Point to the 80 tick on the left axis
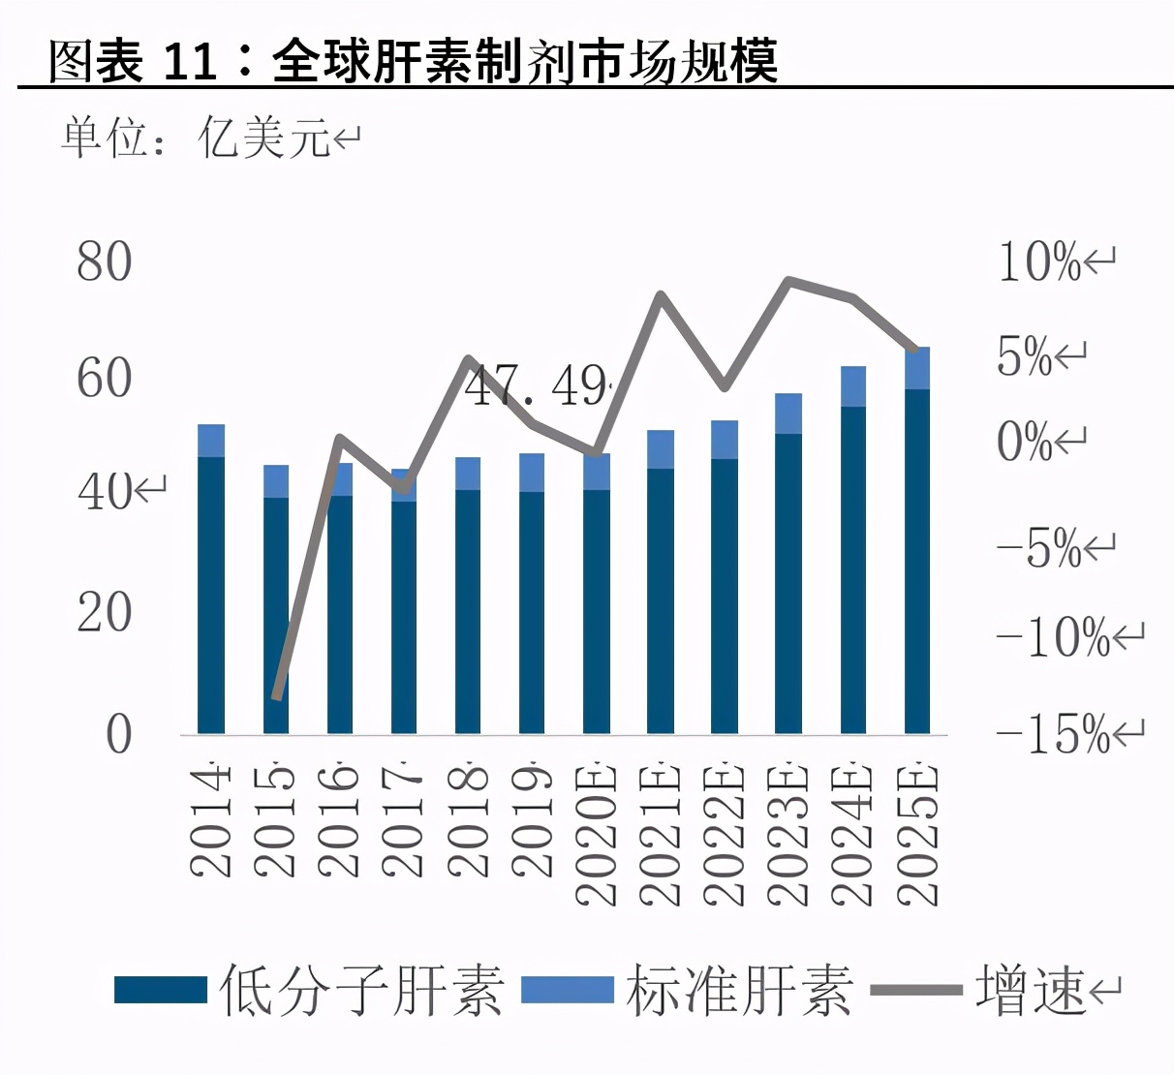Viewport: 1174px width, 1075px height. (x=104, y=262)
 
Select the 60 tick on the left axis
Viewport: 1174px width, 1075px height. (x=104, y=378)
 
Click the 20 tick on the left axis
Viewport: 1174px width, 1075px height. (x=104, y=612)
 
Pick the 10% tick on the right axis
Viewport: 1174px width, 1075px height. (x=1040, y=262)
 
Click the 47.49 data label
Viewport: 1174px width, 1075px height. (x=539, y=386)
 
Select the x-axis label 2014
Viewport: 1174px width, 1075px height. (x=210, y=821)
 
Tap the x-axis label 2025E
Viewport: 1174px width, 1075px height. (x=917, y=835)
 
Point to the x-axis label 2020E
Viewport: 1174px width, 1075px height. (x=596, y=835)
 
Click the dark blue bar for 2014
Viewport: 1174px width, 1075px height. (x=211, y=595)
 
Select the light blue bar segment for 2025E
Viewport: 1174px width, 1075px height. (x=917, y=368)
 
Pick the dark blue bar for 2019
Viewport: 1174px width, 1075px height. (x=532, y=612)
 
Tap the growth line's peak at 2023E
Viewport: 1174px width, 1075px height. (x=789, y=281)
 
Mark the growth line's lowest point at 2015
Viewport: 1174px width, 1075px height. (x=276, y=696)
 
